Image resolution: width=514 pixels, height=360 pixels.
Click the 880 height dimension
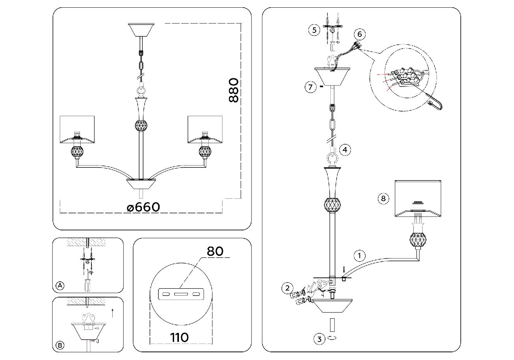pyautogui.click(x=233, y=90)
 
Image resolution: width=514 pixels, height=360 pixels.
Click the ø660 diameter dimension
pyautogui.click(x=143, y=207)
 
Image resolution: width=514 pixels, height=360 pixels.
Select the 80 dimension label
pyautogui.click(x=215, y=251)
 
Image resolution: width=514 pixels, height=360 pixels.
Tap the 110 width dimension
pyautogui.click(x=179, y=337)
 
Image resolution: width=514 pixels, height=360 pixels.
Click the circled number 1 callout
pyautogui.click(x=359, y=255)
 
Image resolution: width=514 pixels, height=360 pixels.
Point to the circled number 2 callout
pyautogui.click(x=286, y=287)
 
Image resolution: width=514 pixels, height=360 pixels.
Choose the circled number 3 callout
pyautogui.click(x=319, y=339)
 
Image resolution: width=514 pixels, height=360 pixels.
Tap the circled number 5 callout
pyautogui.click(x=315, y=30)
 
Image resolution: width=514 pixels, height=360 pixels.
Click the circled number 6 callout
pyautogui.click(x=359, y=34)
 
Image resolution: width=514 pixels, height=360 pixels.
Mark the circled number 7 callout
pyautogui.click(x=310, y=87)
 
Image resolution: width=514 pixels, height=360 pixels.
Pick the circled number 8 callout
pyautogui.click(x=383, y=199)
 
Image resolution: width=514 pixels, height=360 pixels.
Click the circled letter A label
pyautogui.click(x=59, y=286)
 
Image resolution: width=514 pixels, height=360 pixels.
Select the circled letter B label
pyautogui.click(x=60, y=345)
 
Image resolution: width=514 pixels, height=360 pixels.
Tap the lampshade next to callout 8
pyautogui.click(x=418, y=198)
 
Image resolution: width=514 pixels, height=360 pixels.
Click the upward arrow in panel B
pyautogui.click(x=112, y=312)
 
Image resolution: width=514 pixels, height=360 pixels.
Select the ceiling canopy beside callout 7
pyautogui.click(x=332, y=76)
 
